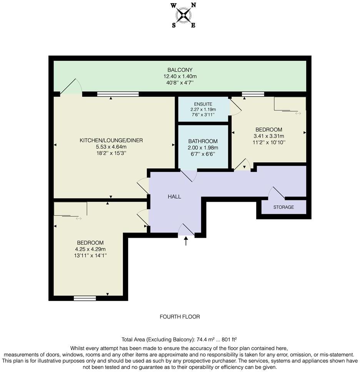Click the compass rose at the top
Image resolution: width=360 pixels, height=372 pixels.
(183, 15)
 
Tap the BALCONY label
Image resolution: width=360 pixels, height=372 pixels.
(180, 70)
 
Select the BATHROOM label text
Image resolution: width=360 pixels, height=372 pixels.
(203, 141)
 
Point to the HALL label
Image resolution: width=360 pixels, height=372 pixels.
(174, 196)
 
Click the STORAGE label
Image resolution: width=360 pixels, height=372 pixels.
(283, 207)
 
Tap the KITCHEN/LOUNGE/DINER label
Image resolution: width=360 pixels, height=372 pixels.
(111, 140)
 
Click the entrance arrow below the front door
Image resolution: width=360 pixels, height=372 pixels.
(186, 241)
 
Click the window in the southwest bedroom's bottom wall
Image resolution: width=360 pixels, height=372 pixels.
(85, 298)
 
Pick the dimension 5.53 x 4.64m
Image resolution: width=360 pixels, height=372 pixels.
(111, 147)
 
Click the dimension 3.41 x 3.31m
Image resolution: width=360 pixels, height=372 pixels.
(268, 136)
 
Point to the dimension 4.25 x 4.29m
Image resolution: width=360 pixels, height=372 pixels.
(90, 249)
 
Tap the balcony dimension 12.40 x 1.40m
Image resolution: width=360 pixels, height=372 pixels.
(180, 76)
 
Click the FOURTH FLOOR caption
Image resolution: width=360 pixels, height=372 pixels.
(180, 317)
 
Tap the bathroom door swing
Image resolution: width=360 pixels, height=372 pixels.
(189, 176)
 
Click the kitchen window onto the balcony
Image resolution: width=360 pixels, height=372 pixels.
(118, 94)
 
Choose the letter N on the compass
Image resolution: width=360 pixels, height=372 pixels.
(193, 5)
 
